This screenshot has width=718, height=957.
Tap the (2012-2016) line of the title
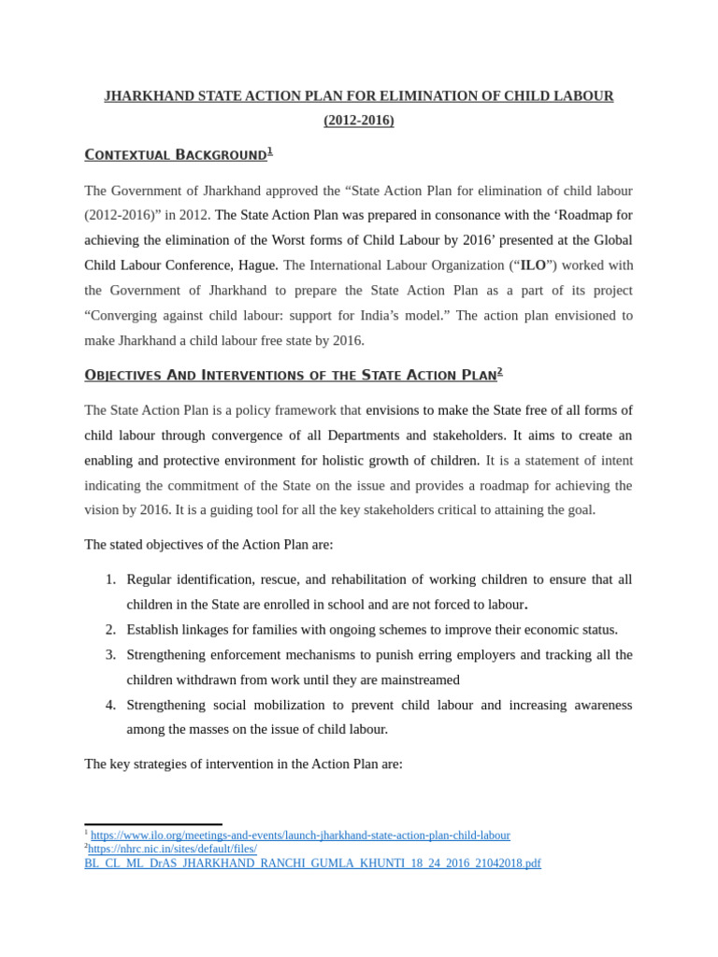click(359, 121)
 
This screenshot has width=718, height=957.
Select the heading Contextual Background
click(176, 155)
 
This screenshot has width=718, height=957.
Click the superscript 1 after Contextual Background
click(270, 150)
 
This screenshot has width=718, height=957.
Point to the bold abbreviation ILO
click(533, 265)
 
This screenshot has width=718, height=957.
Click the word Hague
click(258, 265)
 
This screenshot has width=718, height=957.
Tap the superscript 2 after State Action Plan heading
click(500, 371)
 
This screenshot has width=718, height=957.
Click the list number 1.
click(110, 579)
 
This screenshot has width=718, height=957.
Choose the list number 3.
click(110, 654)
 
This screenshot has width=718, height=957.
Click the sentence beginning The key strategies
click(243, 764)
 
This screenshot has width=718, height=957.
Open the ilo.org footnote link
click(300, 835)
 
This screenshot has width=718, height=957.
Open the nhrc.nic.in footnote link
click(172, 849)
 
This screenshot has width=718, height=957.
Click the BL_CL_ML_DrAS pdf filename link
click(312, 863)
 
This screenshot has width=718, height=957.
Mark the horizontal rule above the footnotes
click(153, 824)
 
